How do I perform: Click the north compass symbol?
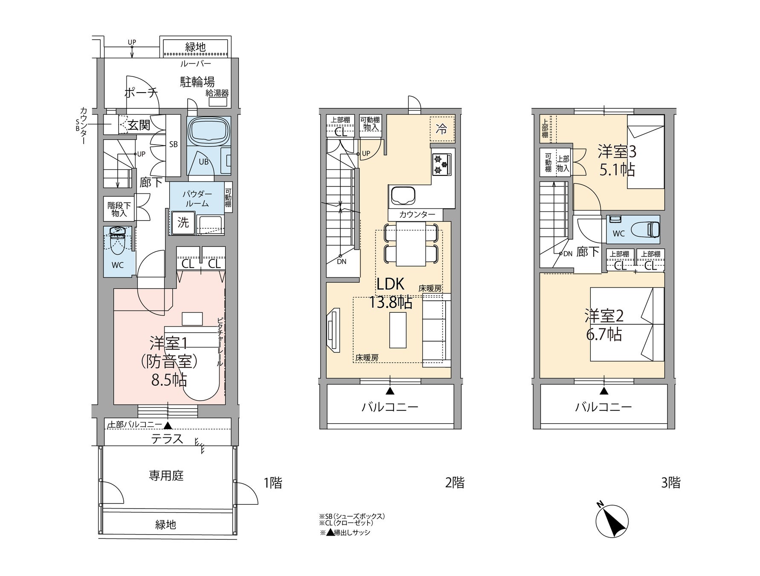pos(612,520)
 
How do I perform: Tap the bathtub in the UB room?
pos(209,131)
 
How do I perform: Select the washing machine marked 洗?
pos(183,222)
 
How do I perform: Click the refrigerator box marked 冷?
pos(442,128)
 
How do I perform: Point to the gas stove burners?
pos(441,164)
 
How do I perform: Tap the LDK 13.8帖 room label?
pos(390,293)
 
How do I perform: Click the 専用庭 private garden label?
pos(166,475)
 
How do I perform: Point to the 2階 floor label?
pos(455,483)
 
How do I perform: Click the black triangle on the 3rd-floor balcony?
pos(604,391)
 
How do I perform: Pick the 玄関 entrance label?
pos(139,125)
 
